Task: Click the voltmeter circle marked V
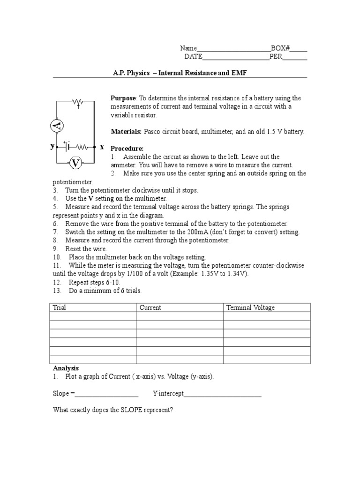[x=76, y=163]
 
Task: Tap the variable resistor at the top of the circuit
[x=78, y=101]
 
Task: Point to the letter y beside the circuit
[x=52, y=146]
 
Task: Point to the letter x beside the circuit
[x=102, y=147]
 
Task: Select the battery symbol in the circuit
[x=67, y=146]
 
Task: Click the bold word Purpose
[x=123, y=98]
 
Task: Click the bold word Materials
[x=126, y=132]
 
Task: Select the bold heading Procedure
[x=127, y=149]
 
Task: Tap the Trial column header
[x=60, y=307]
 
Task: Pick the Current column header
[x=150, y=307]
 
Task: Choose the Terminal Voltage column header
[x=251, y=307]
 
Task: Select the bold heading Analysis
[x=66, y=368]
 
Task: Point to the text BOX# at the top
[x=280, y=48]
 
